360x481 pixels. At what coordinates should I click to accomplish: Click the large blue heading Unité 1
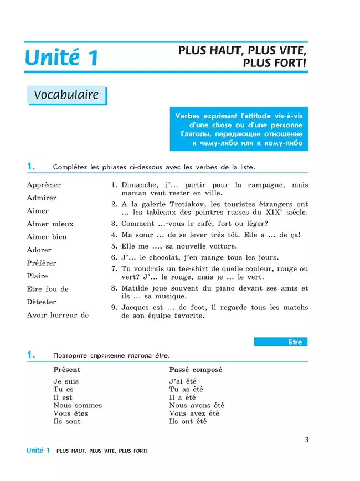click(61, 58)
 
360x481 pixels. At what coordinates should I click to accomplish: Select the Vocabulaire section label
click(66, 95)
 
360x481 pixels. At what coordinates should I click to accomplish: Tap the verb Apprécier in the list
click(44, 185)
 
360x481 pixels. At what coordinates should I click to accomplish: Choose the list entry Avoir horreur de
click(58, 315)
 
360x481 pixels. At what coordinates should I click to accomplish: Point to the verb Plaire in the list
click(37, 276)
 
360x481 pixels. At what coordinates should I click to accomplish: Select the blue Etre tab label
click(295, 342)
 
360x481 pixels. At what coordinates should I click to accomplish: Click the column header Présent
click(66, 370)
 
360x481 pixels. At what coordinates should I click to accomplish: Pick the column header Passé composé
click(192, 370)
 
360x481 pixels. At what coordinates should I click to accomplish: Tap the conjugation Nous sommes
click(78, 405)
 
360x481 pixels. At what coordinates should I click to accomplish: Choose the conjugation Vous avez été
click(194, 413)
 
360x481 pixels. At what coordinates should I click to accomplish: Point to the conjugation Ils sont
click(67, 421)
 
